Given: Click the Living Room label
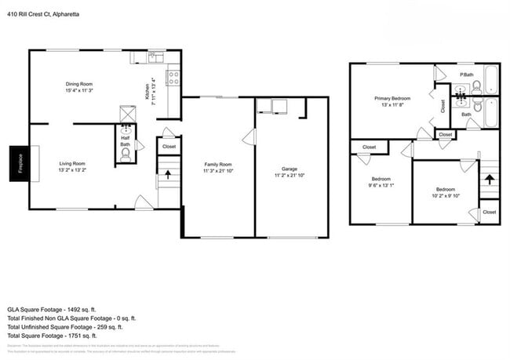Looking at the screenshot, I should click(71, 165).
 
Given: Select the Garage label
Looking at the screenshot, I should click(290, 172).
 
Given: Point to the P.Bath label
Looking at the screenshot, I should click(466, 75).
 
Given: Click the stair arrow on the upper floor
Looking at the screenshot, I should click(489, 180).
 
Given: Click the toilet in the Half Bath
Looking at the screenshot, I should click(125, 155).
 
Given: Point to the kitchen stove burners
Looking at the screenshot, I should click(174, 78).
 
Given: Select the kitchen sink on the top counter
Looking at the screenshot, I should click(154, 56).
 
